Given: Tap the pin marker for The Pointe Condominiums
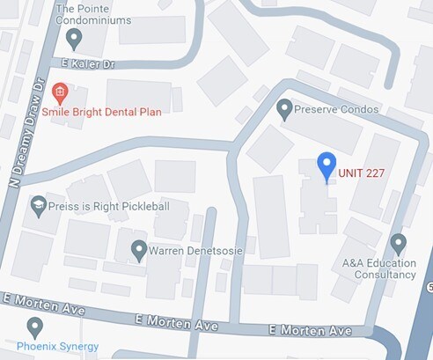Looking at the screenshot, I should point(75,38).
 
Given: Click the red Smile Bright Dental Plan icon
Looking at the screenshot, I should point(60,90).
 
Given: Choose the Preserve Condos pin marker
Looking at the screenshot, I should point(283,109).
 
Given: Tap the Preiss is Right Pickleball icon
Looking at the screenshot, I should point(38,207).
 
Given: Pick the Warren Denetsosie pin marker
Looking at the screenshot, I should point(138,251).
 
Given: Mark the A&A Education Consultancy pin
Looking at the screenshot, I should point(398,242).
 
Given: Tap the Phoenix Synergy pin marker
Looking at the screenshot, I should point(35,328).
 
